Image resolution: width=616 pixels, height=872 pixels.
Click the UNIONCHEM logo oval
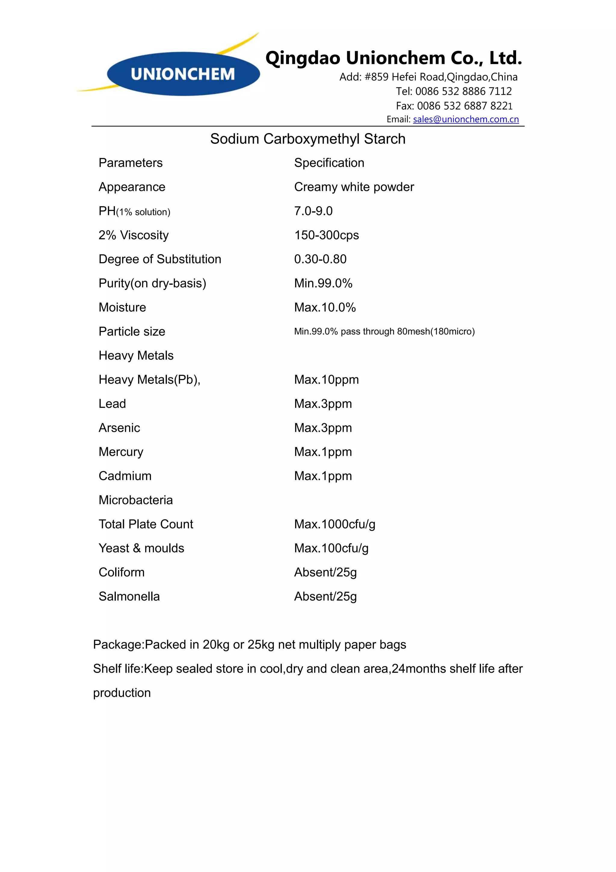coord(183,74)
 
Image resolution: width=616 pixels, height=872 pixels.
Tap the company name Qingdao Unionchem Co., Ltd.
coord(394,58)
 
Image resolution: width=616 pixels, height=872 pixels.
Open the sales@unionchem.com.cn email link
coord(466,119)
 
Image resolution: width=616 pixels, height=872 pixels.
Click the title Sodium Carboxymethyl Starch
coord(308,139)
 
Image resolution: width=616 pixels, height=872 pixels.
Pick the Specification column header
coord(329,163)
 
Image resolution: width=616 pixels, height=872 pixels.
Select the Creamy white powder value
coord(354,187)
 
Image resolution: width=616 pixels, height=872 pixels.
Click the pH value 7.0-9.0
coord(313,211)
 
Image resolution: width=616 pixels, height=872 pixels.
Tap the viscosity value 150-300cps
coord(326,235)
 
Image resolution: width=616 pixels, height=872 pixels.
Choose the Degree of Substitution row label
coord(160,259)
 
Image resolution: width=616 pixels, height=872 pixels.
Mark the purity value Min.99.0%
coord(323,283)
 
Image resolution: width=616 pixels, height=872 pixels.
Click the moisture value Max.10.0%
coord(325,307)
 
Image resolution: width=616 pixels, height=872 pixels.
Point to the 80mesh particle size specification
coord(384,332)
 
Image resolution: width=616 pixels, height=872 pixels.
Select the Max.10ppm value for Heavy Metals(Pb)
coord(326,379)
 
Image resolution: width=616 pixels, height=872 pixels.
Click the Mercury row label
coord(121,452)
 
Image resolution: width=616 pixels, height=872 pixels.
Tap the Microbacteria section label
coord(135,500)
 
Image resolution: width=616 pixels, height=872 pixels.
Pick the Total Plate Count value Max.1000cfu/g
coord(334,524)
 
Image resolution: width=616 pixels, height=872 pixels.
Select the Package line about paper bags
coord(250,644)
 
